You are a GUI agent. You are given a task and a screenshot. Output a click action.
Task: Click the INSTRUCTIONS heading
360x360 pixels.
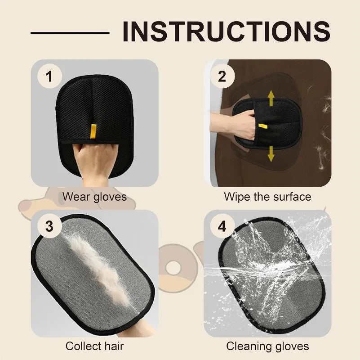point(226,31)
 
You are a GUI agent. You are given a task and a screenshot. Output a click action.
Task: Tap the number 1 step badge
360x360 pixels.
point(49,77)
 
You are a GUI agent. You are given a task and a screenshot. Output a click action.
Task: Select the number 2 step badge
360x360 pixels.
point(222,77)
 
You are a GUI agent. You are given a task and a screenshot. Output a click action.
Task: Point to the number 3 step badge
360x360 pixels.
point(49,226)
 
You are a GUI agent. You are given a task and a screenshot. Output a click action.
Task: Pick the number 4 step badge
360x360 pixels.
point(222,226)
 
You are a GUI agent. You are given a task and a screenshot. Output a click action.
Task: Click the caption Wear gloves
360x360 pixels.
point(94,197)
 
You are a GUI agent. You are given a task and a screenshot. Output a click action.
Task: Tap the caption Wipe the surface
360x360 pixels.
point(267,197)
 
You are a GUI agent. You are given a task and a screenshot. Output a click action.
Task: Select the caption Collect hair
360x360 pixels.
point(94,346)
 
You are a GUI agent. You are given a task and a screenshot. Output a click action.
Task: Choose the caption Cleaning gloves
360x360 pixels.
point(267,346)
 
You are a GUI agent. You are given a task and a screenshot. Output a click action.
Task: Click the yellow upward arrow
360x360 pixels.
point(271,98)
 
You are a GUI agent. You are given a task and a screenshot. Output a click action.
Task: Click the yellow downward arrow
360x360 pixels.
point(271,153)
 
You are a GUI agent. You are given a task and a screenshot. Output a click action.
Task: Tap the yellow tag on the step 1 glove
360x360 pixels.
point(93,131)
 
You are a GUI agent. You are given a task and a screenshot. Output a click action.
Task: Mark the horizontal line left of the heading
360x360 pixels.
point(70,32)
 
